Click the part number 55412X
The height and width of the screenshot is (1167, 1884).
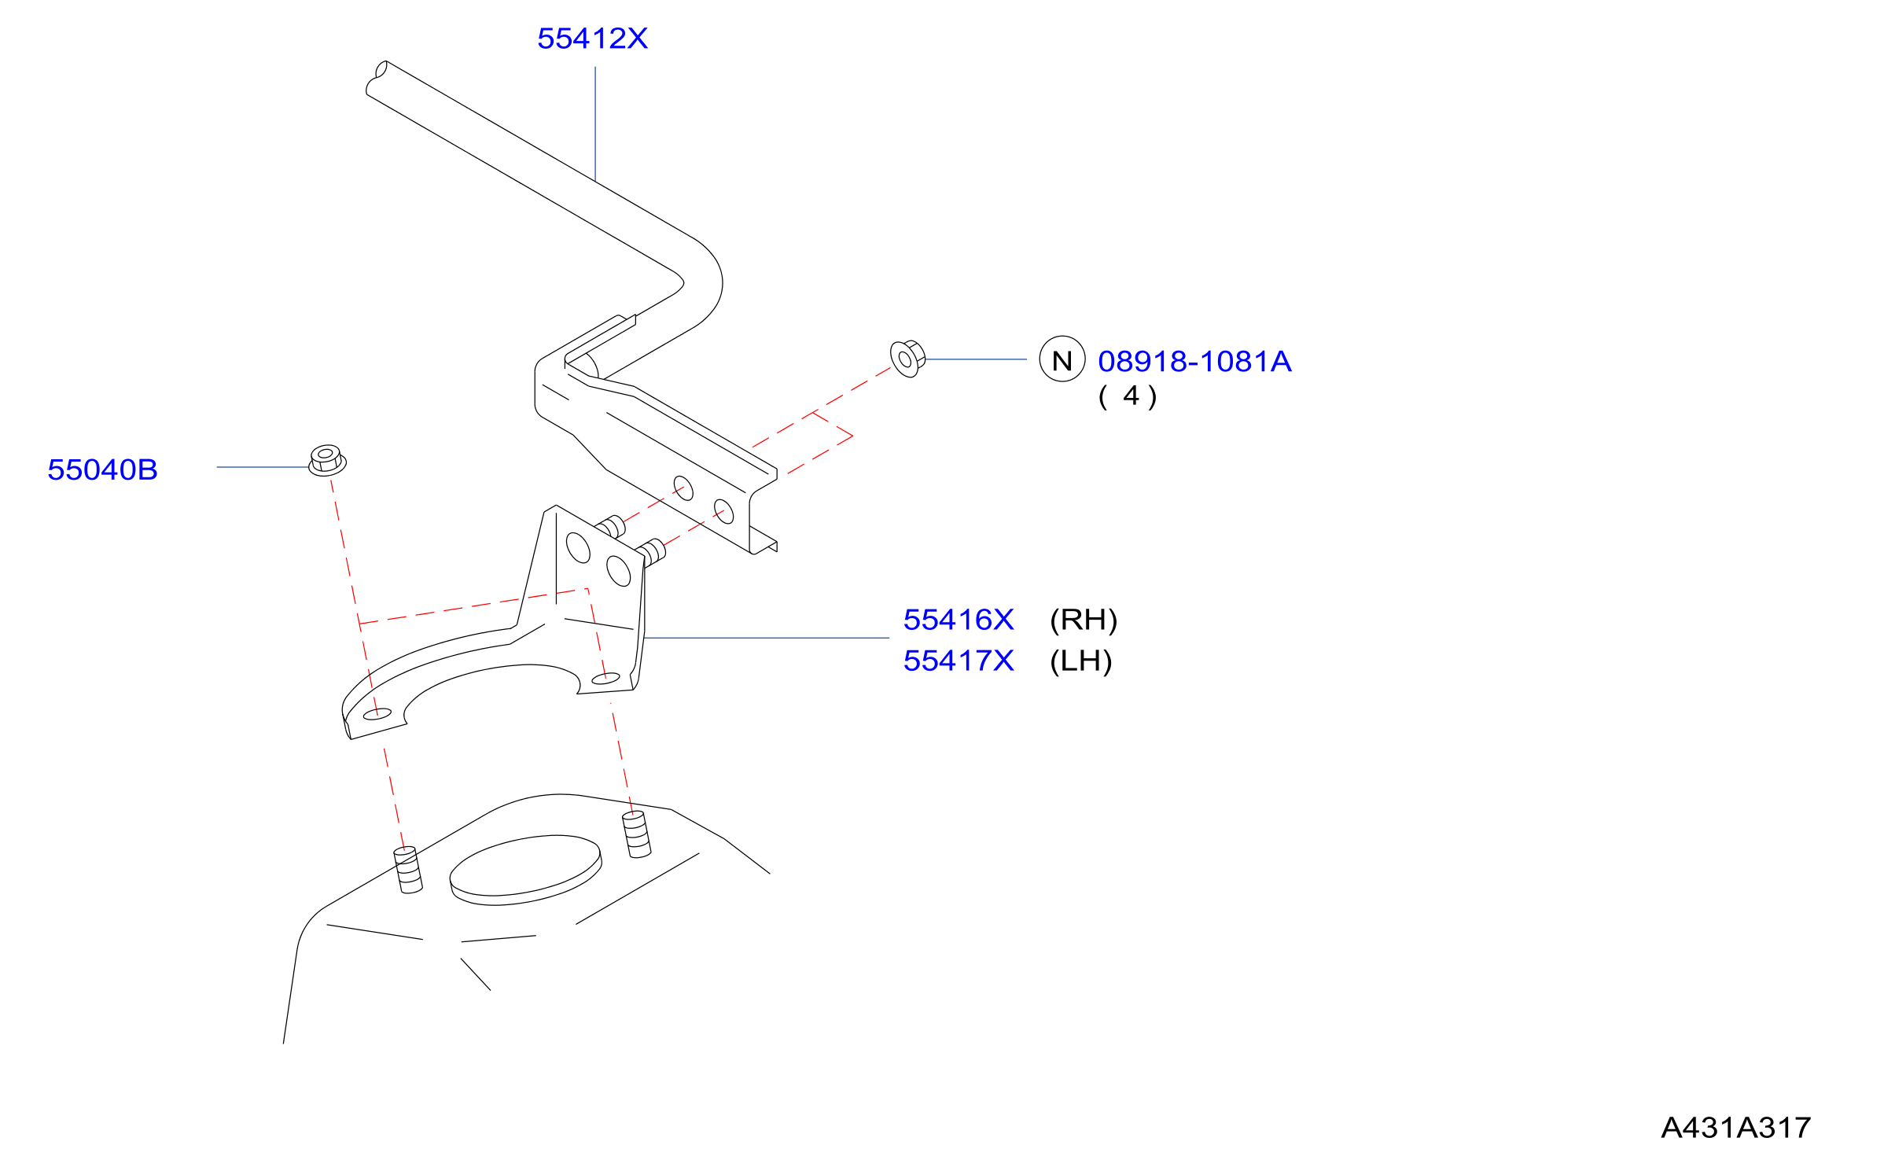[x=592, y=39]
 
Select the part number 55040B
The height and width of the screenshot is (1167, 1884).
[x=102, y=469]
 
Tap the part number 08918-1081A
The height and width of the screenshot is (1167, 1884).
[x=1194, y=362]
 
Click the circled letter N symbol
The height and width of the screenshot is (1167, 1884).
[x=1062, y=359]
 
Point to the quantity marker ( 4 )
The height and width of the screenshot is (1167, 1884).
[x=1128, y=396]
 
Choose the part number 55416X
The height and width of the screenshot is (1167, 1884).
[x=959, y=620]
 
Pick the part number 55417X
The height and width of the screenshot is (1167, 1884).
[x=959, y=661]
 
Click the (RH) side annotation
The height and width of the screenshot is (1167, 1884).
[x=1084, y=620]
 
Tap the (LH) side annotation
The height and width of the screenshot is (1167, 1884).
[x=1081, y=661]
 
